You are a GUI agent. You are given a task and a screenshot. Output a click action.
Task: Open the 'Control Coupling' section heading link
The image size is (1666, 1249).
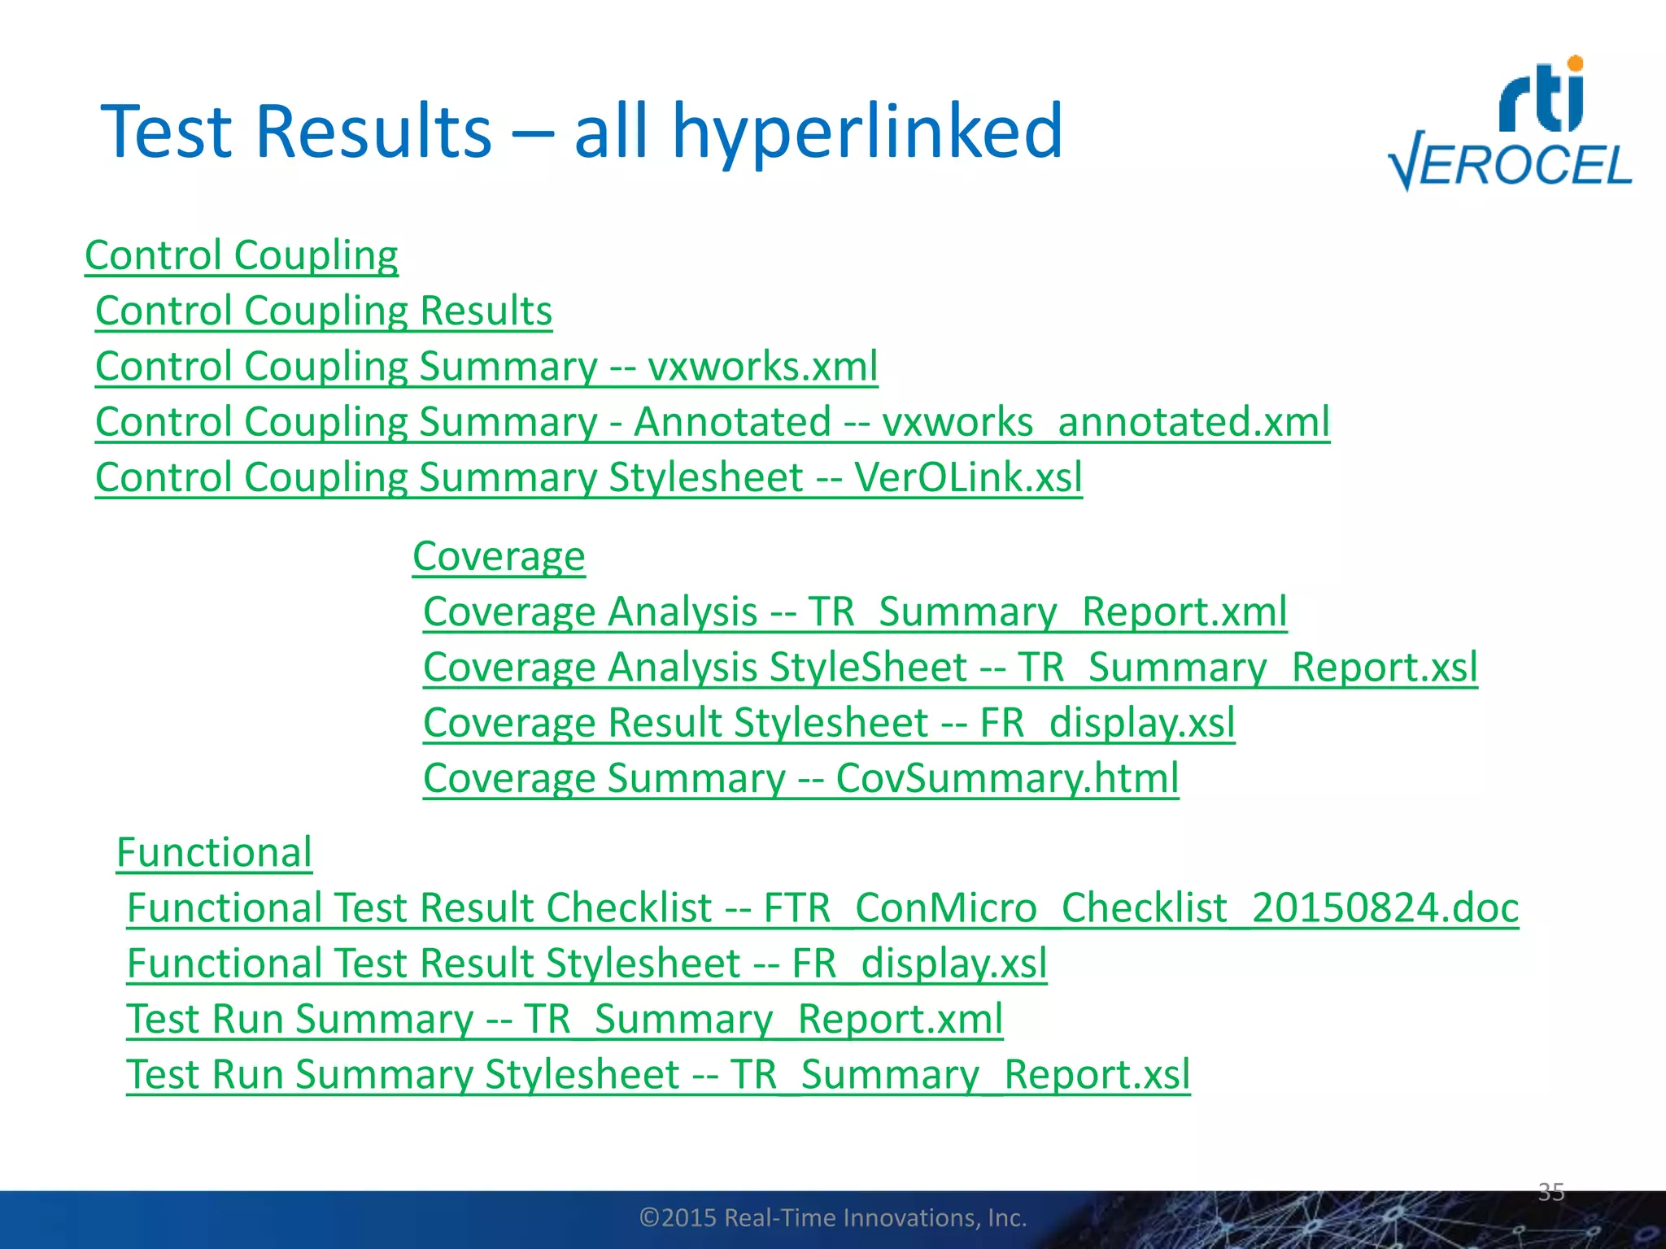[242, 255]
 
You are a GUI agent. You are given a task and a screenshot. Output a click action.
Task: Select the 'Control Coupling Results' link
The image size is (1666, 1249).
[324, 311]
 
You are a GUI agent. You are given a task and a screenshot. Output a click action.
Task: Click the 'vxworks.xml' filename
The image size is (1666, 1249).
[762, 366]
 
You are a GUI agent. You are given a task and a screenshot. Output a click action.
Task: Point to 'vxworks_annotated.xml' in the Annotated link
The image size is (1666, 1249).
[1106, 422]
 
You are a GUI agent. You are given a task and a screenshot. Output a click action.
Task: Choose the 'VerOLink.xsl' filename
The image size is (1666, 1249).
[968, 477]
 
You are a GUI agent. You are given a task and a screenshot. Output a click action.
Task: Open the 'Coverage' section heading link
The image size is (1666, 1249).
[499, 556]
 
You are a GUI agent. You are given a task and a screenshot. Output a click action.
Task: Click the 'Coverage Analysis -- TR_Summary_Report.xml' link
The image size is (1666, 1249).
[855, 611]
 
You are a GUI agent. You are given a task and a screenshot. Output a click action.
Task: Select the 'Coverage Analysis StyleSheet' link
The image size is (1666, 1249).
[696, 668]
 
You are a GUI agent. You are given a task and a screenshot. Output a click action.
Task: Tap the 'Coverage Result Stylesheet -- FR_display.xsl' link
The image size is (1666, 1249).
[829, 723]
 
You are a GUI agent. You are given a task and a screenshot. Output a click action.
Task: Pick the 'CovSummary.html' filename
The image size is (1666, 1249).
[1007, 778]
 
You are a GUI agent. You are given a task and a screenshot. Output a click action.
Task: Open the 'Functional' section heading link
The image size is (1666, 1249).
[214, 852]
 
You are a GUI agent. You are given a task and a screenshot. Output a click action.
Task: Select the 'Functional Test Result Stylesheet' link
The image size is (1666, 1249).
[433, 964]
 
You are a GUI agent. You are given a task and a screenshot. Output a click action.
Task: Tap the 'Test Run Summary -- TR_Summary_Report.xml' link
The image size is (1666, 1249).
[565, 1019]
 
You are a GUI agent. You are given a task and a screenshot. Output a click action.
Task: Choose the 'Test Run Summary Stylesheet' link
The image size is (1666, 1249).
[403, 1074]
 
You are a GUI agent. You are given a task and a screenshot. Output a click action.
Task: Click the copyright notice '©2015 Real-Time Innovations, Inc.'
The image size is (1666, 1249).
[833, 1217]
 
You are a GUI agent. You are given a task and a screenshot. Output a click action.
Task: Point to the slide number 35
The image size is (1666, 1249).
[1551, 1192]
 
